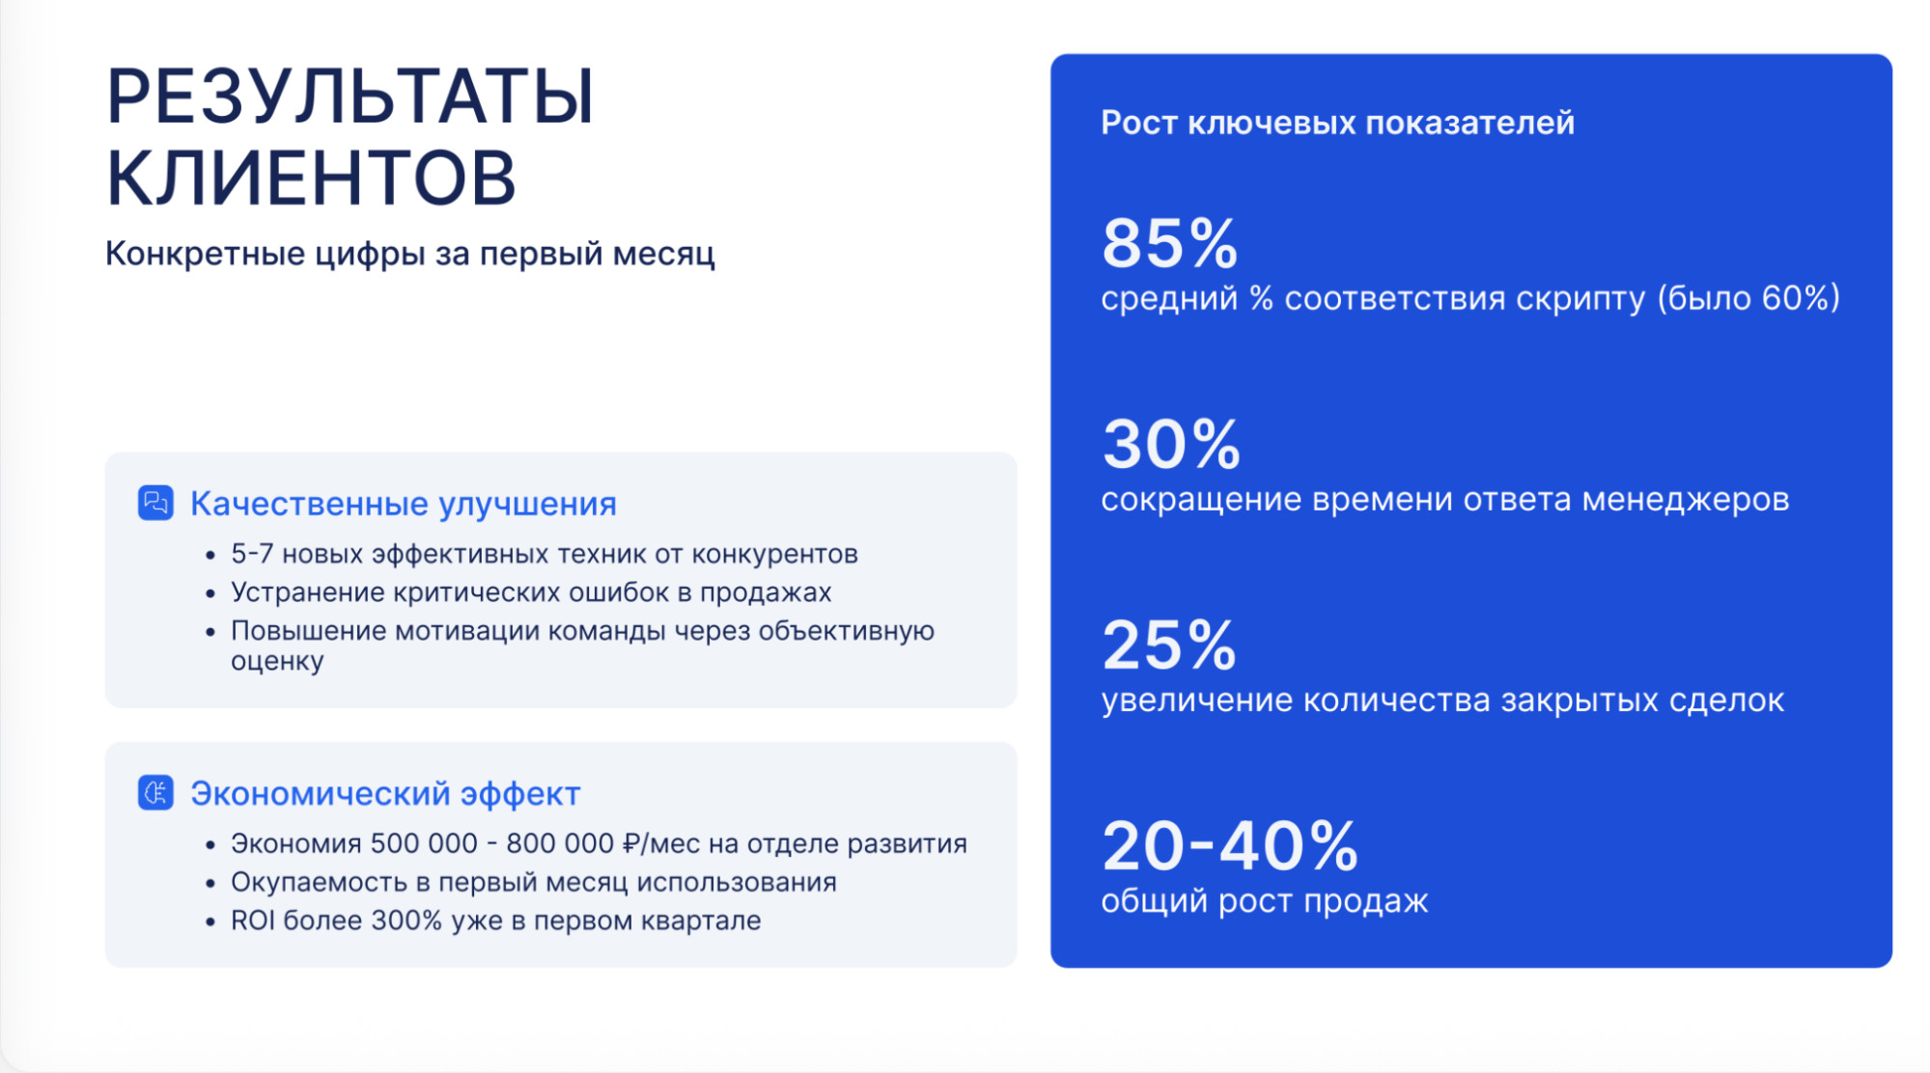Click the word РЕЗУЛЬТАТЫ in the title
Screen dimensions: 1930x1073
[x=350, y=97]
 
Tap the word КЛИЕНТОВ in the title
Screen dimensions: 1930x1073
[x=311, y=179]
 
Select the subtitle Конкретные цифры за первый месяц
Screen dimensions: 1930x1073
[x=410, y=254]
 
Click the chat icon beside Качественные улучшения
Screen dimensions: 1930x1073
[x=155, y=503]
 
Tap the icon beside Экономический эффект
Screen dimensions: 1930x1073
[x=155, y=792]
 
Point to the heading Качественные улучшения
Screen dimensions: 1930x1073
[x=404, y=504]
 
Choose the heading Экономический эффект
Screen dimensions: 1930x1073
[x=385, y=793]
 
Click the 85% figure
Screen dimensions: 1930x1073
[x=1170, y=243]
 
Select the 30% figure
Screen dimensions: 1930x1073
[x=1171, y=444]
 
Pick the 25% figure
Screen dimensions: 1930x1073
[x=1169, y=645]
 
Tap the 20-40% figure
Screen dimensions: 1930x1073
[x=1230, y=845]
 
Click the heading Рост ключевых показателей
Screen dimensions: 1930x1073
[x=1338, y=123]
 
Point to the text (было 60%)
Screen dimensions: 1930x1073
[x=1748, y=298]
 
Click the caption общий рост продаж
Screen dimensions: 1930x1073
[x=1265, y=901]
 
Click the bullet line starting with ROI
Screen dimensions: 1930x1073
[x=496, y=921]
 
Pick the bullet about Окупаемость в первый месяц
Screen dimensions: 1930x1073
[x=534, y=882]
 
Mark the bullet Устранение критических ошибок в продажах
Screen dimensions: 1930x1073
[x=531, y=592]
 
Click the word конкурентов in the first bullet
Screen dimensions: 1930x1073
[x=774, y=554]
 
